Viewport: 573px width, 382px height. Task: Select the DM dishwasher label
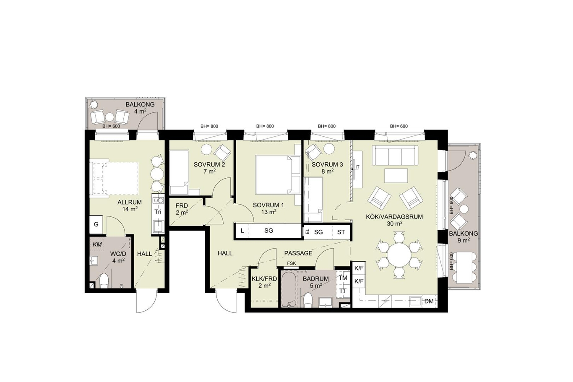pyautogui.click(x=429, y=301)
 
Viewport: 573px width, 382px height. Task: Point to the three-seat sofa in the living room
pyautogui.click(x=395, y=155)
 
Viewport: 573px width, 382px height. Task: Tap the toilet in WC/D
pyautogui.click(x=104, y=281)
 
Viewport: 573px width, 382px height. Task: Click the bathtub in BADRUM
pyautogui.click(x=289, y=289)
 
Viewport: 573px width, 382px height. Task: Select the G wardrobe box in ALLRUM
pyautogui.click(x=96, y=224)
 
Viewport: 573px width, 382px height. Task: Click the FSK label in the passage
pyautogui.click(x=292, y=263)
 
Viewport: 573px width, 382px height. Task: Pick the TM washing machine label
pyautogui.click(x=343, y=278)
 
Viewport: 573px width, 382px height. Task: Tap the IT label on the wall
pyautogui.click(x=357, y=167)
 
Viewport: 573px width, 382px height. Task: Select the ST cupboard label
pyautogui.click(x=341, y=232)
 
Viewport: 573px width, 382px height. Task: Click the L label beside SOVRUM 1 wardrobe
pyautogui.click(x=242, y=231)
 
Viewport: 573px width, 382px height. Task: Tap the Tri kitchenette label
pyautogui.click(x=158, y=212)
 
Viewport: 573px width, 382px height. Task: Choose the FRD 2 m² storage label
pyautogui.click(x=182, y=209)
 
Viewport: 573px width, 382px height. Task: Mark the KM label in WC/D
pyautogui.click(x=97, y=244)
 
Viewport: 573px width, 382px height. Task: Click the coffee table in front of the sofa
pyautogui.click(x=396, y=175)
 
